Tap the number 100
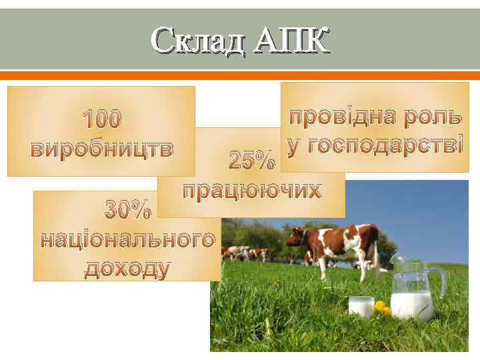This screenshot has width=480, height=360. pos(101,120)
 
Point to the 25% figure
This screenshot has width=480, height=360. pos(250,161)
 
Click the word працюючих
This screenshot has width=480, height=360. pos(252,190)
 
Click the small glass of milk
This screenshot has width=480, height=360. pos(361,306)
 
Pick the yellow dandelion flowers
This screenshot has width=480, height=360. pos(382,307)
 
